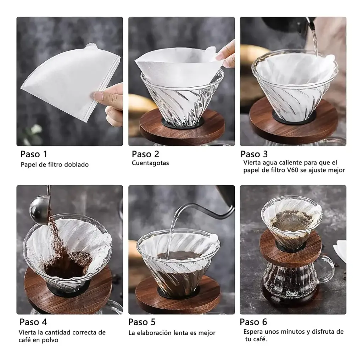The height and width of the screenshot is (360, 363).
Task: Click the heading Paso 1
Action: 34,154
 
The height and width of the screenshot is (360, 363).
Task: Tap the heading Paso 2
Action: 145,154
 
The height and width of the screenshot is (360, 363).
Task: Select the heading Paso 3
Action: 254,154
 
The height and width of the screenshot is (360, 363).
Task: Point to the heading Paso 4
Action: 33,322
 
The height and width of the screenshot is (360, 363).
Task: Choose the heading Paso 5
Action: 142,322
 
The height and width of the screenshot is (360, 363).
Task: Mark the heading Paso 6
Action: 253,322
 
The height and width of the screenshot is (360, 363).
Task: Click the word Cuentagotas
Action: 150,163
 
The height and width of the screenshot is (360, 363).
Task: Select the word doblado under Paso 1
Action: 77,164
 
